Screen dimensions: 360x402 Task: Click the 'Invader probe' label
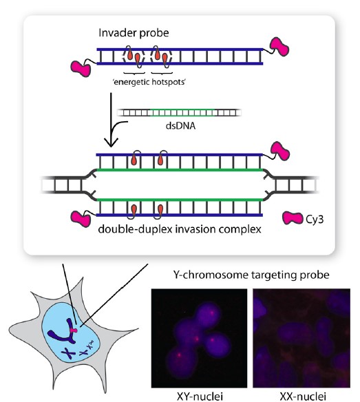(134, 33)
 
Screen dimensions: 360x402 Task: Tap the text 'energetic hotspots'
(149, 83)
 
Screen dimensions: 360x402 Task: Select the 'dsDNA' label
(180, 126)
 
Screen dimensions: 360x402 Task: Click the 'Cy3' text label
(315, 219)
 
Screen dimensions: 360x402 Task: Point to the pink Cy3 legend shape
(293, 218)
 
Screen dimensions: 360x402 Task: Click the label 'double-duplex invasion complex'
(180, 229)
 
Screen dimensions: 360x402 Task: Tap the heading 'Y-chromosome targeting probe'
(251, 275)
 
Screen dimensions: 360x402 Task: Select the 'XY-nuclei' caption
(200, 396)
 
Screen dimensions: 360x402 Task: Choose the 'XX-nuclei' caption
(303, 396)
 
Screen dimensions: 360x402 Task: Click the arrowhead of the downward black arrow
(111, 142)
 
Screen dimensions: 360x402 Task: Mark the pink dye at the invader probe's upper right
(279, 46)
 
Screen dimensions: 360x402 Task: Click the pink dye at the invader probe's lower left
(81, 68)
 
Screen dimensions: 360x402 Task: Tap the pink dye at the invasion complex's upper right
(280, 151)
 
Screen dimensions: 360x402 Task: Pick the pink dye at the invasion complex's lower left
(81, 219)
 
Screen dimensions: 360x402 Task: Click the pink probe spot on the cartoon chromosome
(74, 330)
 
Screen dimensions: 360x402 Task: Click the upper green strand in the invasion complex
(180, 170)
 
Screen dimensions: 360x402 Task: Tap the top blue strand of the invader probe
(180, 50)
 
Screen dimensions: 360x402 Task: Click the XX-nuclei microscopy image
(301, 338)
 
